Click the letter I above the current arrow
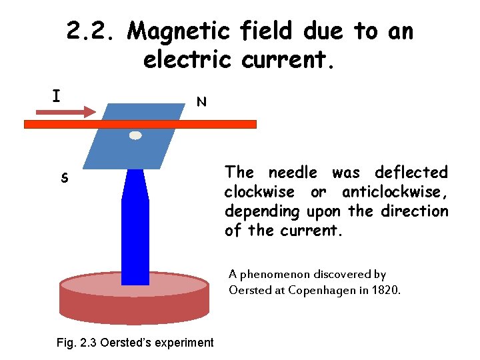(x=57, y=97)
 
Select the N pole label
(x=201, y=102)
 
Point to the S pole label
(x=64, y=179)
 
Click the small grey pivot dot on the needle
(x=135, y=135)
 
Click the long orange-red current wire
(x=200, y=124)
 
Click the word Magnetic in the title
(x=178, y=31)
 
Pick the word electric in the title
(x=189, y=60)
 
